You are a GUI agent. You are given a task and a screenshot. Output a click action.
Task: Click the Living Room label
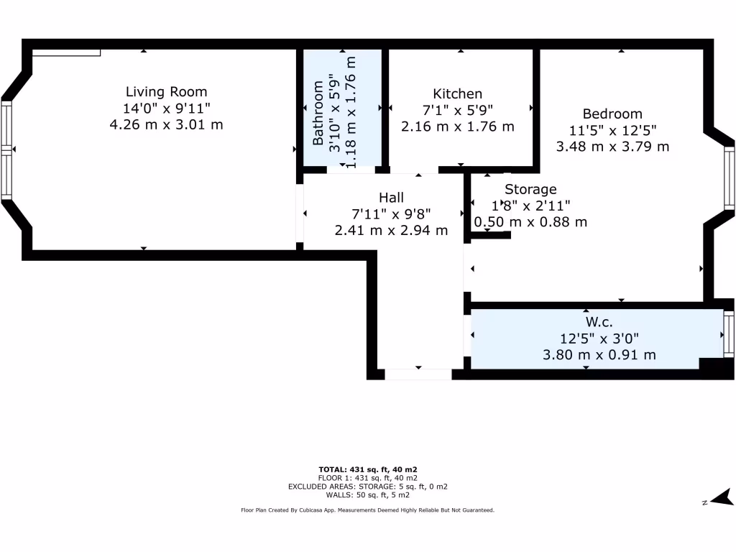pyautogui.click(x=166, y=92)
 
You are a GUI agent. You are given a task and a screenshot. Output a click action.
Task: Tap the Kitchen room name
pyautogui.click(x=457, y=94)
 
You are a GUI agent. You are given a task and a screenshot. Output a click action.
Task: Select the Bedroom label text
pyautogui.click(x=612, y=114)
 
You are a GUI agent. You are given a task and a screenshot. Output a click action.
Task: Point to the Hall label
pyautogui.click(x=391, y=198)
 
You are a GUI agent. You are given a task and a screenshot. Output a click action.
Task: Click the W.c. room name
pyautogui.click(x=598, y=322)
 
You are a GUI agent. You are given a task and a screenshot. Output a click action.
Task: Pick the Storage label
pyautogui.click(x=530, y=190)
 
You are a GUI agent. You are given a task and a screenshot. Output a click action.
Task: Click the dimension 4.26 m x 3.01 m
pyautogui.click(x=166, y=124)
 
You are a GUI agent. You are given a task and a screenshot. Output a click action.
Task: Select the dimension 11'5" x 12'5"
pyautogui.click(x=612, y=130)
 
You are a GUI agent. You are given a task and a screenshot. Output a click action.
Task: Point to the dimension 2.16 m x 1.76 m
pyautogui.click(x=457, y=126)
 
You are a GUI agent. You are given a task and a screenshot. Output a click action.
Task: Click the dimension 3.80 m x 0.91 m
pyautogui.click(x=598, y=354)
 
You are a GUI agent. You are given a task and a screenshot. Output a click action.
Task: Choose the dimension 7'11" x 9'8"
pyautogui.click(x=391, y=214)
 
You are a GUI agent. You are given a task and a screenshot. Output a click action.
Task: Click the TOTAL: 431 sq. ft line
pyautogui.click(x=367, y=469)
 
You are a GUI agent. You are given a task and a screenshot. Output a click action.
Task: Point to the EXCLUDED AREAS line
pyautogui.click(x=367, y=487)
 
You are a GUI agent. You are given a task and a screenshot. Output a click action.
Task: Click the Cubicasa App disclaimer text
pyautogui.click(x=367, y=510)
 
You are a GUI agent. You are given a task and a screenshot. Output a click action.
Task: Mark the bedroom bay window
pyautogui.click(x=730, y=177)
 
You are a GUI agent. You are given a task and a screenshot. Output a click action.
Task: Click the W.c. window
pyautogui.click(x=729, y=335)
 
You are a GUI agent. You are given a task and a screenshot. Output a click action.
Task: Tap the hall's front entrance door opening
pyautogui.click(x=418, y=374)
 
